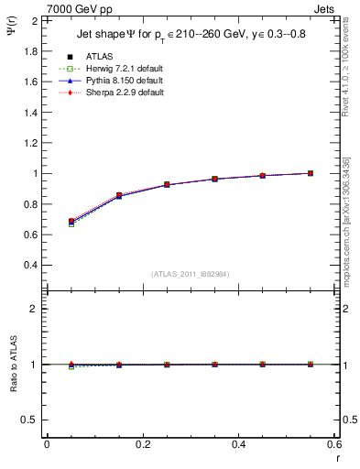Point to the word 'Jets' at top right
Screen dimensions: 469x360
(x=325, y=7)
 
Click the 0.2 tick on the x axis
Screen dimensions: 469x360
(x=142, y=444)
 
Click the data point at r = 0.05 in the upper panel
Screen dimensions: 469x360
(x=71, y=222)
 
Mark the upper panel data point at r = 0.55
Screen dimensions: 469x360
(x=311, y=173)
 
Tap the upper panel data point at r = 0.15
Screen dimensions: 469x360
(x=119, y=195)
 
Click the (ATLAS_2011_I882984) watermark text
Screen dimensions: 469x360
(x=191, y=274)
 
